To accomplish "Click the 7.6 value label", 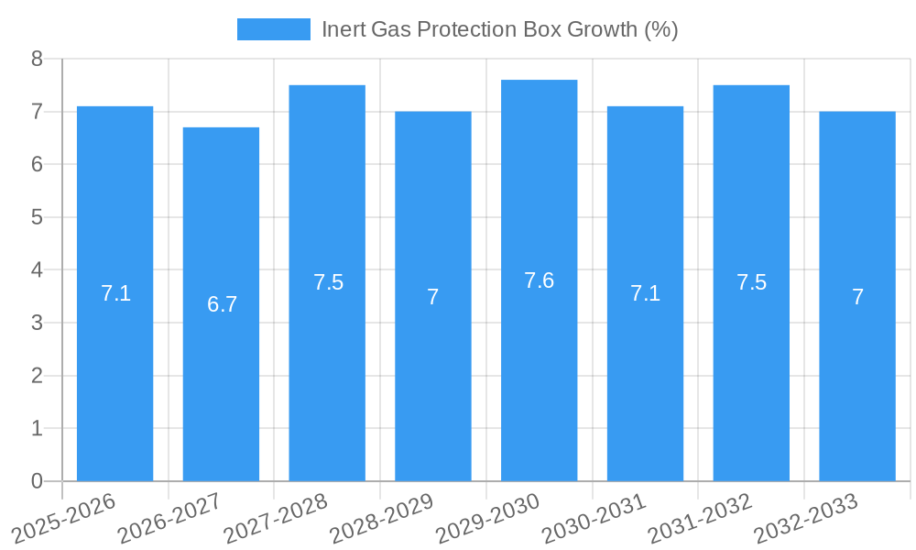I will (x=539, y=280).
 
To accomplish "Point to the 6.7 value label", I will (x=222, y=304).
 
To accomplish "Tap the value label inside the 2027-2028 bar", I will (x=328, y=282).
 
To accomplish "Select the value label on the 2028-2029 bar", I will (x=433, y=297).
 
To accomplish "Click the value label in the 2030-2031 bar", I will (x=645, y=293).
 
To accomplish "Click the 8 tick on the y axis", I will (x=37, y=59).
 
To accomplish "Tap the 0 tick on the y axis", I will (x=37, y=481).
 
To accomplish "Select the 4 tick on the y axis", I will (x=37, y=270).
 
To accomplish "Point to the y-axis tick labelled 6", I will (x=37, y=165).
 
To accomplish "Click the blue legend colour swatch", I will (x=273, y=29).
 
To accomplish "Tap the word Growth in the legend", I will (x=599, y=29).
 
